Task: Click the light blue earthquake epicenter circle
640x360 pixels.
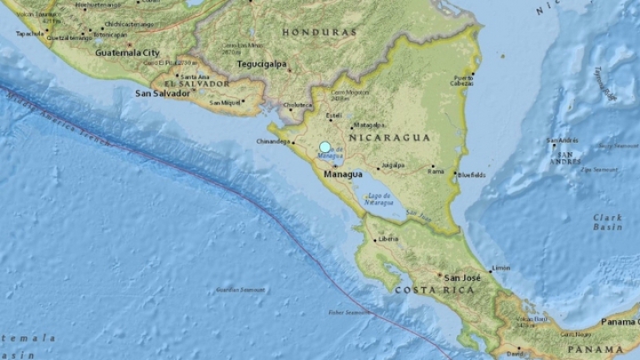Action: click(325, 147)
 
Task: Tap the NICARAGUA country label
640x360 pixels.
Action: click(390, 138)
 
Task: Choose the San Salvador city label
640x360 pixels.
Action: click(162, 92)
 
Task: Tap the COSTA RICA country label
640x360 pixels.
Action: click(426, 291)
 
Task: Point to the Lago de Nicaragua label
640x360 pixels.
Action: click(378, 199)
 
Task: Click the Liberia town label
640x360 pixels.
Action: click(388, 238)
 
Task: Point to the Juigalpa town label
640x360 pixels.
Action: click(392, 165)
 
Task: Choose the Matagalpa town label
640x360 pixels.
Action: click(367, 125)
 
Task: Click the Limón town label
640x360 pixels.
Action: click(501, 268)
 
